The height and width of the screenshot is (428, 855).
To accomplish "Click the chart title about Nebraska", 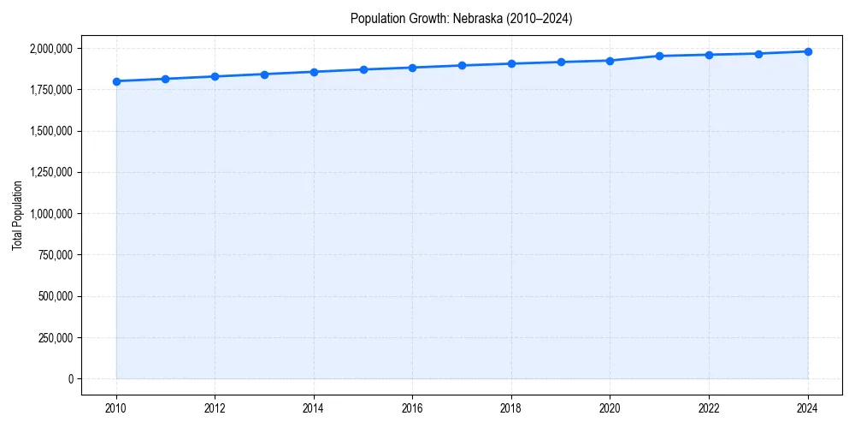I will pyautogui.click(x=461, y=18).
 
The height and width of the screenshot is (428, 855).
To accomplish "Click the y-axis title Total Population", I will pyautogui.click(x=17, y=215).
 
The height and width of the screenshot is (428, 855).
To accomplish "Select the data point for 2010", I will pyautogui.click(x=116, y=81).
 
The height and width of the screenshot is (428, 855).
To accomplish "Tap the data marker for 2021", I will pyautogui.click(x=659, y=56).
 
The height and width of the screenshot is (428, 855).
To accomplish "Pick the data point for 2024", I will pyautogui.click(x=808, y=51).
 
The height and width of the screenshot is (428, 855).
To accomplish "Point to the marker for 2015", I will pyautogui.click(x=363, y=69).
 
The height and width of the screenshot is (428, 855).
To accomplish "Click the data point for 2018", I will pyautogui.click(x=511, y=63).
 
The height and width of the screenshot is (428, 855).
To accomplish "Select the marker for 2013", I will pyautogui.click(x=264, y=74).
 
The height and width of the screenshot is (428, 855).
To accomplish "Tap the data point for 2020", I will pyautogui.click(x=610, y=61).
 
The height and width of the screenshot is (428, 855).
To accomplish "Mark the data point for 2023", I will pyautogui.click(x=758, y=54).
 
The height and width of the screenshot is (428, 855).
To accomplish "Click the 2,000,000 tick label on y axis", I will pyautogui.click(x=50, y=49).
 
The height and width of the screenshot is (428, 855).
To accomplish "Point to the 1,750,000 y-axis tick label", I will pyautogui.click(x=50, y=90).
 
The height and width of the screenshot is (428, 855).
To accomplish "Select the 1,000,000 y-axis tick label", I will pyautogui.click(x=50, y=214).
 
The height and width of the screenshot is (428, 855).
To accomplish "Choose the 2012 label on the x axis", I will pyautogui.click(x=215, y=408).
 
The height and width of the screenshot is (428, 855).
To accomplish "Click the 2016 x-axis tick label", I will pyautogui.click(x=412, y=408).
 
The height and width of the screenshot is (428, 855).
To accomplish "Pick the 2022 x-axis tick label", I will pyautogui.click(x=709, y=408).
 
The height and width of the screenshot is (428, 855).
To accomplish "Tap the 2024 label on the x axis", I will pyautogui.click(x=808, y=408).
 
